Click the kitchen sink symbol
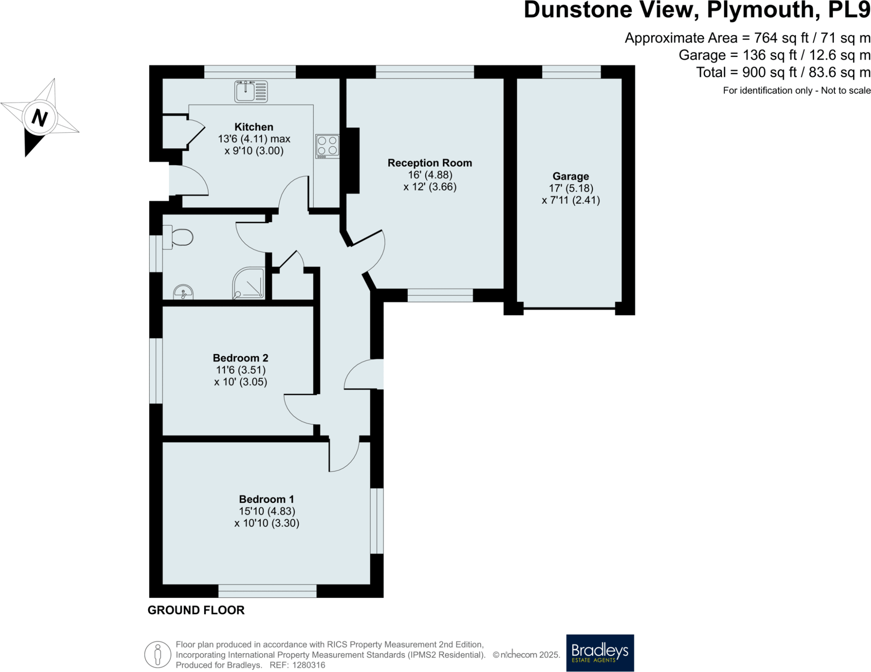click(251, 91)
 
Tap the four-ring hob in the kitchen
click(327, 146)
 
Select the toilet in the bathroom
click(179, 237)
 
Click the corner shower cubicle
click(248, 283)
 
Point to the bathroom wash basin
click(183, 293)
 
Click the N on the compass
click(40, 118)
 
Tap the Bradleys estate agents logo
click(600, 652)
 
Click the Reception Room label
click(430, 163)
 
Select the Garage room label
click(570, 176)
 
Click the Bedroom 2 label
click(240, 358)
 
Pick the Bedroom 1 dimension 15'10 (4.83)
click(267, 511)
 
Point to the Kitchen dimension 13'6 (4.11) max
click(254, 139)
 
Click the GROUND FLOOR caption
click(196, 610)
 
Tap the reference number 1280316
click(308, 665)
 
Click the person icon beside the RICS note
click(158, 654)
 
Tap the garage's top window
click(571, 72)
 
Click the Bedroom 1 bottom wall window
click(267, 591)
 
